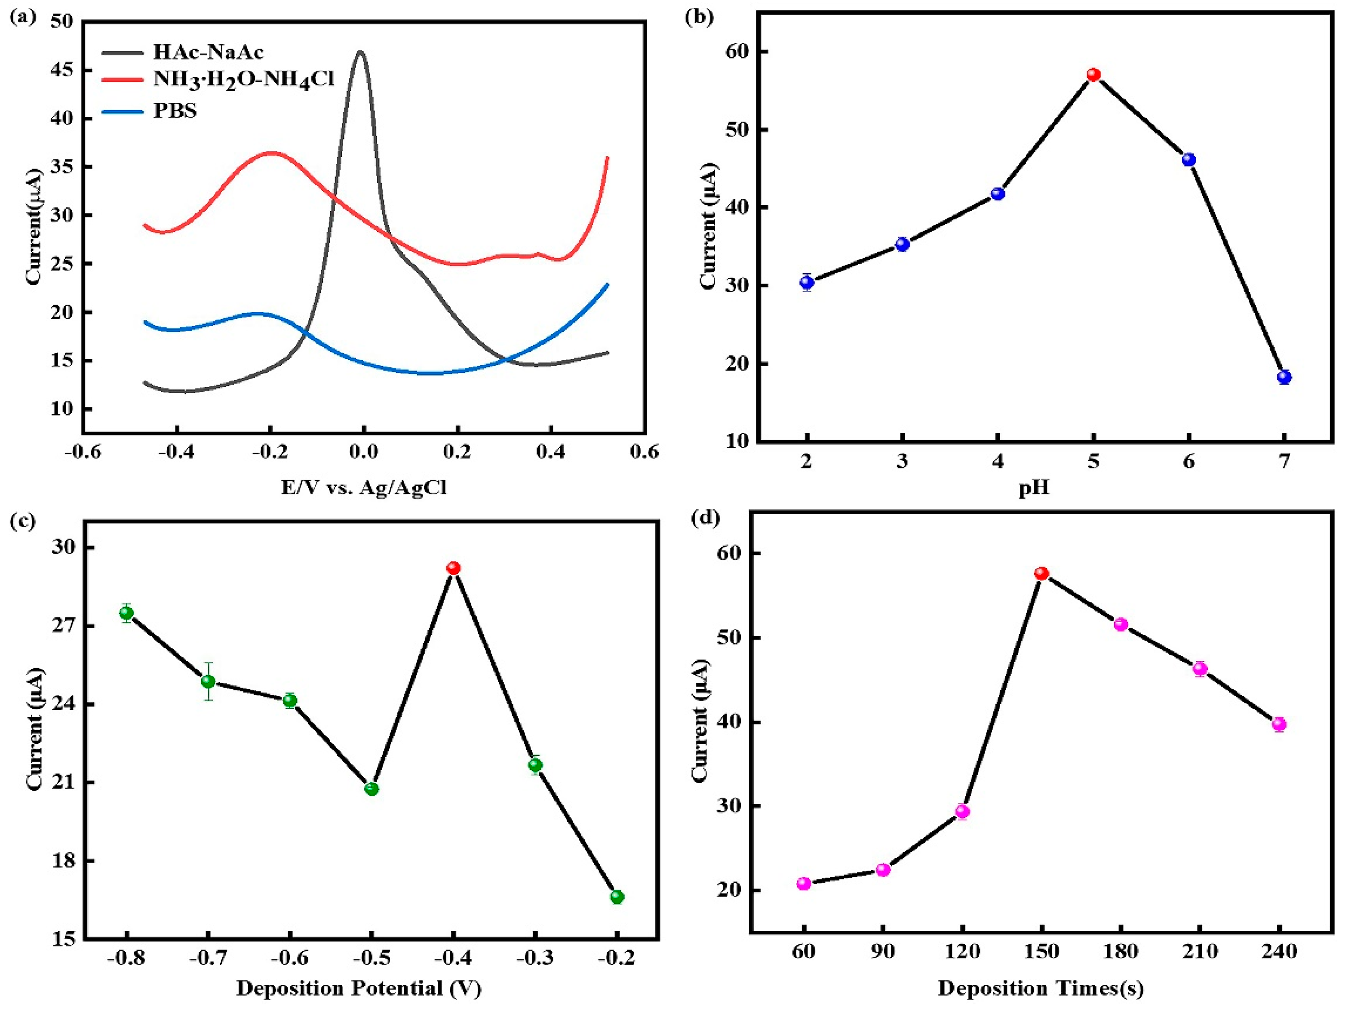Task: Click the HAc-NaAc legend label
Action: coord(208,52)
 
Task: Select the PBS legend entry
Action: coord(175,111)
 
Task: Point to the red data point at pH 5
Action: coord(1093,75)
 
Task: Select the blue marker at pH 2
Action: coord(807,282)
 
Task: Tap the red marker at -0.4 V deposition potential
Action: coord(453,568)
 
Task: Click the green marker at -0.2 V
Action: coord(617,897)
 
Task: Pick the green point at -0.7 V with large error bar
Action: coord(208,681)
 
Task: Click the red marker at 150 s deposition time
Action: coord(1041,573)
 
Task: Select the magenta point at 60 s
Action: coord(804,883)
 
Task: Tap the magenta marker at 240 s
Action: coord(1279,724)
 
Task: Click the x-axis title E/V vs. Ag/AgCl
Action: coord(364,487)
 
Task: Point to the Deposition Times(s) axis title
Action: coord(1041,988)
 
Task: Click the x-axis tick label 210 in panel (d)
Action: coord(1200,951)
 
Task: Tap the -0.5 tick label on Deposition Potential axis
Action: coord(372,958)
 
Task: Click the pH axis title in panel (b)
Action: coord(1034,488)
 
